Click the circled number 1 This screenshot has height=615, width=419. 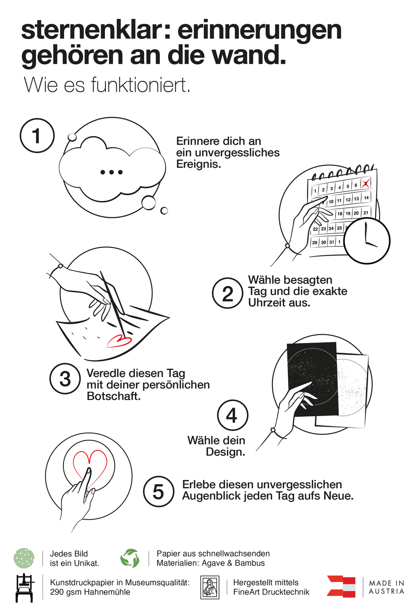37,135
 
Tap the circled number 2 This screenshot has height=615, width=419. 228,293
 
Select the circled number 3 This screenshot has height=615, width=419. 65,379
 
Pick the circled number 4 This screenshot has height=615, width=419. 232,415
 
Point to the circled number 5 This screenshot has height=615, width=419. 159,491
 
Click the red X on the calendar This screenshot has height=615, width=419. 365,183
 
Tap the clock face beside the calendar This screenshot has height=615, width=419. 367,241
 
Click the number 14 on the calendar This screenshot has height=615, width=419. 366,198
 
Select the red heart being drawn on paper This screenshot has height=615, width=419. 119,341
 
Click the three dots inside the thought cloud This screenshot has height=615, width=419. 112,172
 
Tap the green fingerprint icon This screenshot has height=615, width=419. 24,558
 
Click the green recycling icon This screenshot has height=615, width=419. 130,558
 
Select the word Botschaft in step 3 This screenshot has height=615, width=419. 113,396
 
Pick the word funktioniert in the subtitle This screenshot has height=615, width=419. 140,85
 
